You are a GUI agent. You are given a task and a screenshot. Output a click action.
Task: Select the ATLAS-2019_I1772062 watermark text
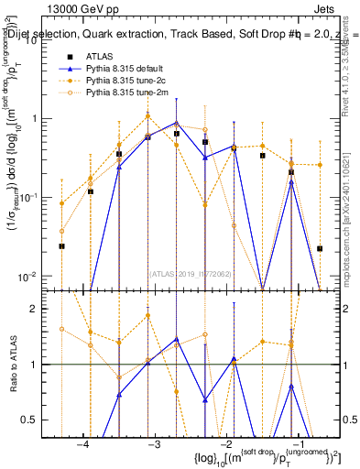click(x=191, y=272)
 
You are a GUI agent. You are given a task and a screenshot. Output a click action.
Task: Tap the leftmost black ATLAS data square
click(x=61, y=246)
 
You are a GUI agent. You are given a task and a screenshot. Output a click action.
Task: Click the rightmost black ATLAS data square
click(x=320, y=248)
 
